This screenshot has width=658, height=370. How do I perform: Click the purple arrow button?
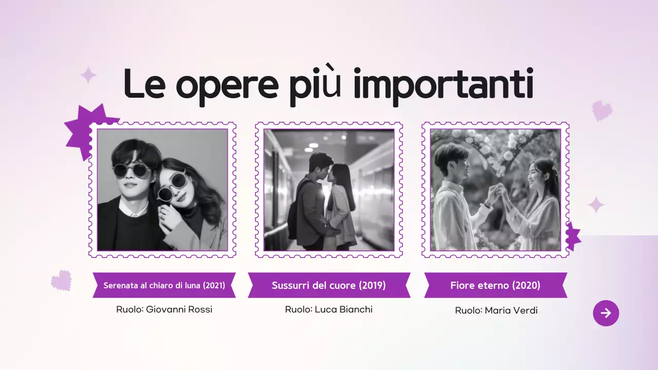point(606,313)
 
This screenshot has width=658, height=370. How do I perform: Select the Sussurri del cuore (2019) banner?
point(328,285)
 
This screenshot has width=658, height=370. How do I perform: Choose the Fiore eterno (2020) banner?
point(495,285)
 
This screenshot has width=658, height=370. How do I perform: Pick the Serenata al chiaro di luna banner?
point(164,285)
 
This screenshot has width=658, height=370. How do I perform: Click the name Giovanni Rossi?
point(179,309)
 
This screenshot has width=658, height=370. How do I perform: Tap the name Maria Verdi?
point(511,310)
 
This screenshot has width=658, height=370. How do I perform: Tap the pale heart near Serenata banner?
point(61,281)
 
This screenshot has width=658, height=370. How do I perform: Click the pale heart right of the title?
point(602,110)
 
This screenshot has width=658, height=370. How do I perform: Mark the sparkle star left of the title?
point(88,76)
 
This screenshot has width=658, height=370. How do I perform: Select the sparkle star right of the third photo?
point(596,205)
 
